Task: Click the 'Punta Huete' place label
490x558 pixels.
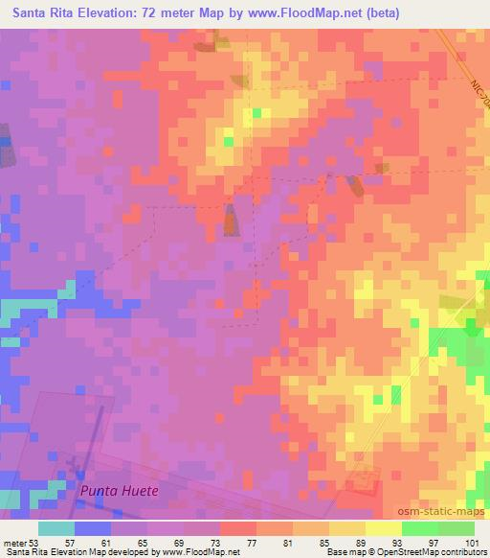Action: (119, 490)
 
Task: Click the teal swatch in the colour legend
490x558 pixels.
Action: (56, 528)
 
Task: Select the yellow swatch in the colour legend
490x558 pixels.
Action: (384, 528)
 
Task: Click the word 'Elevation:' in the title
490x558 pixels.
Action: (122, 12)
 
